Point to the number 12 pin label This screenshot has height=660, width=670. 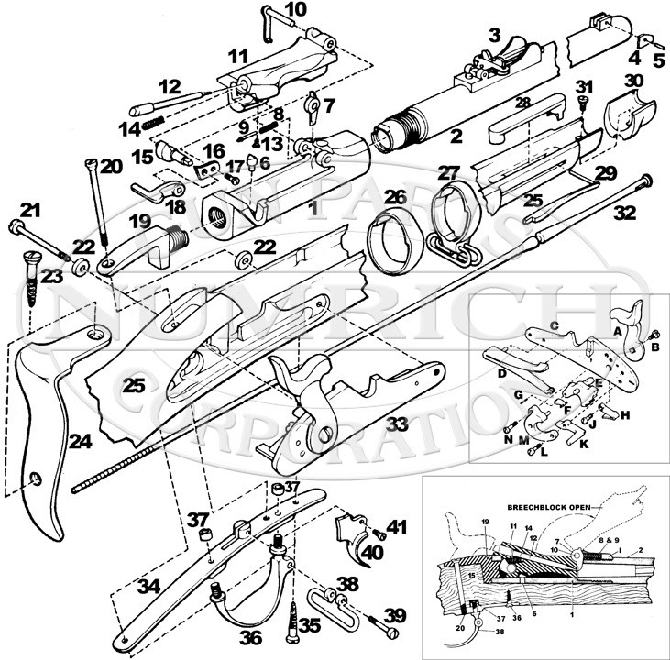pyautogui.click(x=170, y=87)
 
